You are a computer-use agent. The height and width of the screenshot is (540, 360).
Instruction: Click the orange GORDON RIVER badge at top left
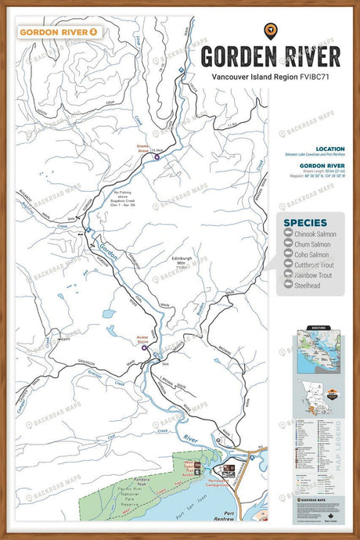point(59,32)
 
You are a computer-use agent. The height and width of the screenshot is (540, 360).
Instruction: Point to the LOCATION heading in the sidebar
point(329,149)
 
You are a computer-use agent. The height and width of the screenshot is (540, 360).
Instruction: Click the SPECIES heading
point(305,223)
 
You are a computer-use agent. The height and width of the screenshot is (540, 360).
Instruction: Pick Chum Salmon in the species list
point(311,244)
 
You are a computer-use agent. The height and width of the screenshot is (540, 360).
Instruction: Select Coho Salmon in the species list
point(311,254)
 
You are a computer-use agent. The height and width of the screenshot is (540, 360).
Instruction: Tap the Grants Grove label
point(142,149)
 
